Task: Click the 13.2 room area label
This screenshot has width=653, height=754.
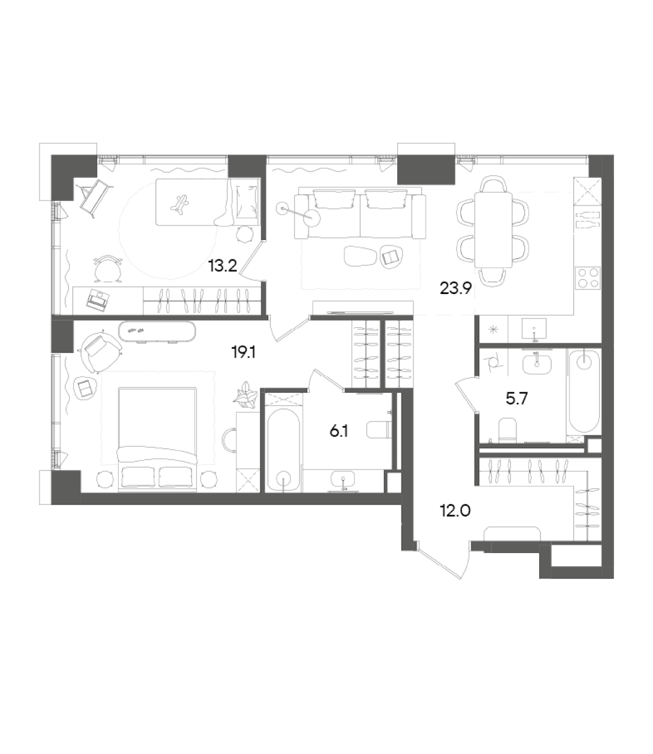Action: (222, 266)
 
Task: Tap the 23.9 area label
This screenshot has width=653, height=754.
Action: (456, 288)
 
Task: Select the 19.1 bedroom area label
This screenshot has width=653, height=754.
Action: (243, 352)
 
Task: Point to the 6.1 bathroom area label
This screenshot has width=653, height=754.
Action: (339, 432)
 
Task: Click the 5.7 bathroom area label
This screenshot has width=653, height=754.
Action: (517, 399)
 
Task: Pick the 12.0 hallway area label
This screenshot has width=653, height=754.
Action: (455, 511)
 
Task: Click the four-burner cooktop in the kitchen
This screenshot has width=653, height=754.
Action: (588, 278)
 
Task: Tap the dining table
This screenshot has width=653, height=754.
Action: (493, 230)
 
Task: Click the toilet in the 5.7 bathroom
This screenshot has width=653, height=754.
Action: (507, 431)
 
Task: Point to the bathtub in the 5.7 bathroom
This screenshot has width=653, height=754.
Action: (584, 391)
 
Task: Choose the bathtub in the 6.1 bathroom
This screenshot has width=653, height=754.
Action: (283, 450)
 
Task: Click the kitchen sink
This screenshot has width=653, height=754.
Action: (534, 329)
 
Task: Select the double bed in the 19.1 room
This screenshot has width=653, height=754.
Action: (157, 437)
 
